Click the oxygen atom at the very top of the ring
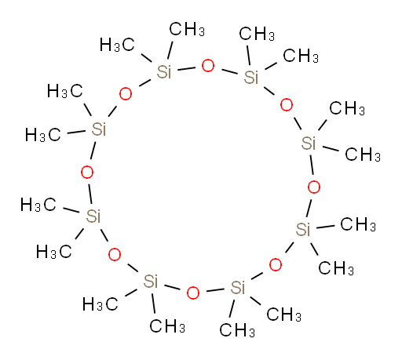[x=208, y=66]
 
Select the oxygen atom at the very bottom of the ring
[x=193, y=293]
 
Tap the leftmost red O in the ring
[x=87, y=173]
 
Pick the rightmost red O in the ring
[x=314, y=187]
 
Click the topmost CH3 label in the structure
[x=187, y=29]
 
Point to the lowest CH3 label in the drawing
[x=237, y=330]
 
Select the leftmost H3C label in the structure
[x=38, y=205]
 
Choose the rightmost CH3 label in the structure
[x=363, y=155]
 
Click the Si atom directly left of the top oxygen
[x=164, y=72]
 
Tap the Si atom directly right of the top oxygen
[x=251, y=77]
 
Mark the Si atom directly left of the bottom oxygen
[x=151, y=282]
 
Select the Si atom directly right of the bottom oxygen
[x=238, y=287]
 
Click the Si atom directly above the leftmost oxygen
[x=99, y=129]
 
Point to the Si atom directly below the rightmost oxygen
[x=303, y=230]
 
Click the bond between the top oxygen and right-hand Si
[x=229, y=71]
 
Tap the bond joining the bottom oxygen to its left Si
[x=172, y=287]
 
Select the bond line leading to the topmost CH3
[x=170, y=50]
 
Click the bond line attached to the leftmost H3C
[x=71, y=210]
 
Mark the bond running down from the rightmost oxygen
[x=309, y=208]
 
